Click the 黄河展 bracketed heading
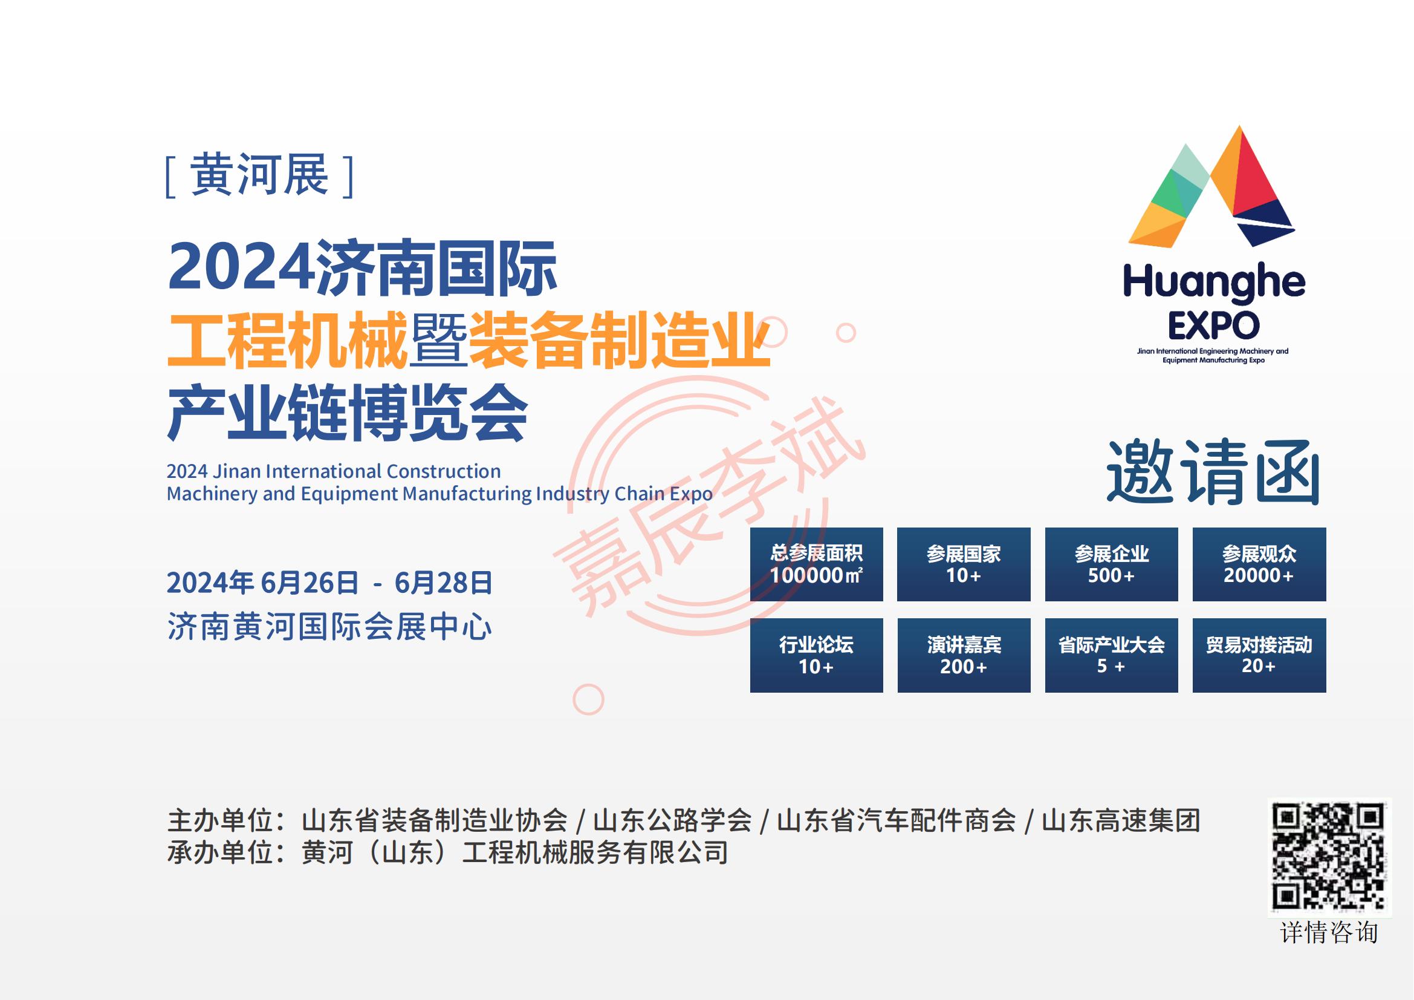click(x=259, y=175)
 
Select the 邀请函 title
click(x=1213, y=473)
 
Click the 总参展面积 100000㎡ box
click(x=816, y=564)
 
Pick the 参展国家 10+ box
click(x=964, y=564)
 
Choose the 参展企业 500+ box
click(x=1112, y=564)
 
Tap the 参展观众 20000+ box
click(x=1259, y=564)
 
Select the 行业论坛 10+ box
click(x=816, y=656)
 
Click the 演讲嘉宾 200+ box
click(x=964, y=656)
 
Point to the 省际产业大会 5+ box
click(x=1112, y=656)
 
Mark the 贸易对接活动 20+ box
click(x=1259, y=656)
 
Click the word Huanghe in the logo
click(x=1214, y=284)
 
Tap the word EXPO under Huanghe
click(x=1214, y=325)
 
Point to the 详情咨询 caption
click(x=1329, y=933)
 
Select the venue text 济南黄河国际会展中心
click(x=329, y=627)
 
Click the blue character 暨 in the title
click(x=438, y=340)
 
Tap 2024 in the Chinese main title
click(x=240, y=267)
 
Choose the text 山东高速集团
click(x=1121, y=820)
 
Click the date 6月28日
click(x=443, y=583)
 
